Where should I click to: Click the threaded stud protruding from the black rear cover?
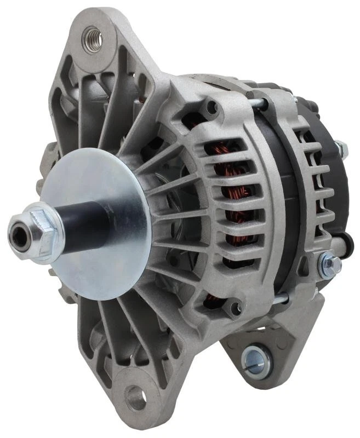[x=341, y=146]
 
